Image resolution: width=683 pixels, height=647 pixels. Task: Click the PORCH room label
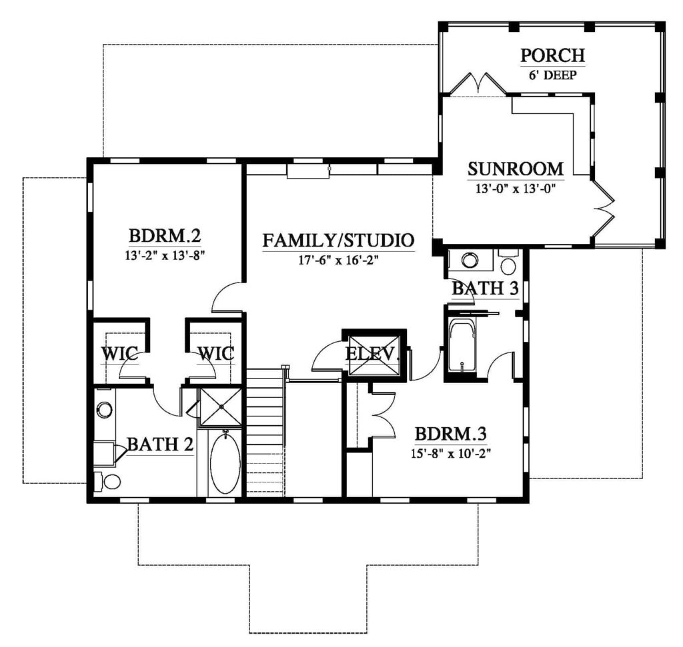click(552, 55)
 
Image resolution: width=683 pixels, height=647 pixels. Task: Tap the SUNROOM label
click(516, 169)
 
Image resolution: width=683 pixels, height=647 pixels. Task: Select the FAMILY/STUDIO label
click(338, 240)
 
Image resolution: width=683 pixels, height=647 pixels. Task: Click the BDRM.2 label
click(165, 236)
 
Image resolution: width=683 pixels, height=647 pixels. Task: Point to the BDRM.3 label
click(450, 434)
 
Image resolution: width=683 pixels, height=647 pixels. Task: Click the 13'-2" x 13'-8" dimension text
click(165, 255)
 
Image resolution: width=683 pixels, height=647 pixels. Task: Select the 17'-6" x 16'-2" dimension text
click(338, 260)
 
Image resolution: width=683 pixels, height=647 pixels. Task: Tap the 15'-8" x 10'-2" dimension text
click(451, 453)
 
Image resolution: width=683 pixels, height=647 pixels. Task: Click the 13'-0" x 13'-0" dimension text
click(516, 189)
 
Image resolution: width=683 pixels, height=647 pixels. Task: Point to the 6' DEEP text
click(553, 75)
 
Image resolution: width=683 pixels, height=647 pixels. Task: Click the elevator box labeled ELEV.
click(374, 355)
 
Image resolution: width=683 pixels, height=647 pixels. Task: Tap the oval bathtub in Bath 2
click(225, 462)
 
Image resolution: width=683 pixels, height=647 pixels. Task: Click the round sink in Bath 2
click(105, 409)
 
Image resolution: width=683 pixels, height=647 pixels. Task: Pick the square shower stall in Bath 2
click(220, 407)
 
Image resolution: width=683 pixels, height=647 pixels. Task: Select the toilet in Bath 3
click(508, 262)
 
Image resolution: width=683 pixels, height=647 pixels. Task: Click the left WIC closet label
click(120, 353)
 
